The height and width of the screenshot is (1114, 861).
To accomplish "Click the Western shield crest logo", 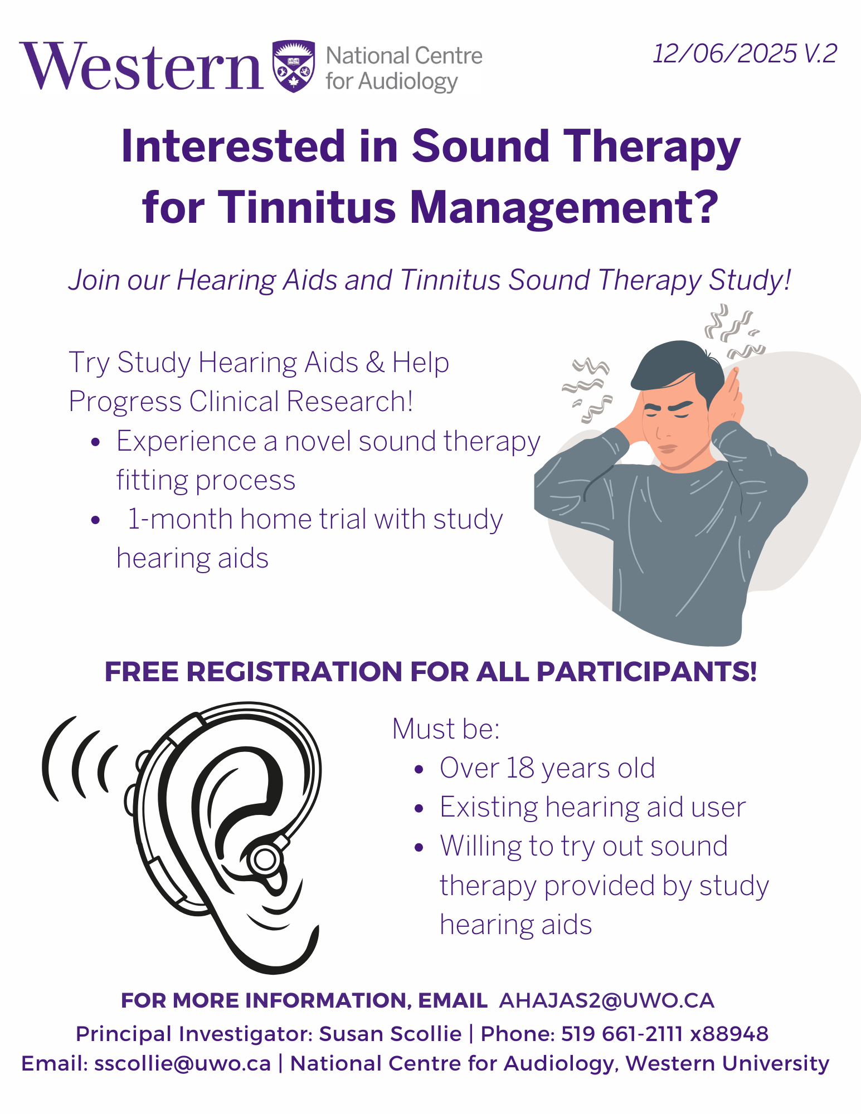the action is [294, 66].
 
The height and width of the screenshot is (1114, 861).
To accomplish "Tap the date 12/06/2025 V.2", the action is [745, 54].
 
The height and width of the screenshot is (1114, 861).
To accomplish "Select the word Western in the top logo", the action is [142, 66].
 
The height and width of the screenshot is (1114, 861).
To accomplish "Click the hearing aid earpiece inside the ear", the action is [264, 859].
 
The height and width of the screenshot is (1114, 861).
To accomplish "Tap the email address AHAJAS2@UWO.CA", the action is [606, 1000].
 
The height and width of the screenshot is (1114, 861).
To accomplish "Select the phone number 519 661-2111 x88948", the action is [665, 1034].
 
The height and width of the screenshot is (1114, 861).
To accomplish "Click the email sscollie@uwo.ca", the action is [182, 1063].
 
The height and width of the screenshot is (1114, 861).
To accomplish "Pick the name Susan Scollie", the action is [390, 1034].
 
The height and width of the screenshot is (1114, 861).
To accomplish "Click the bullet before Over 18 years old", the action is [420, 770].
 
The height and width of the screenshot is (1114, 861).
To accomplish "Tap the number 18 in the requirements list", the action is [520, 768].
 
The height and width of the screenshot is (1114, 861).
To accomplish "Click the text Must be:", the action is [446, 729].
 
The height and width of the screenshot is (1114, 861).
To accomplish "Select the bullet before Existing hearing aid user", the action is [420, 809].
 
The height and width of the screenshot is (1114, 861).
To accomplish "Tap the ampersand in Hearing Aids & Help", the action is [375, 363].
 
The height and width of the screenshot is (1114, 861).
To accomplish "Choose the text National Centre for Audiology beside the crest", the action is [404, 69].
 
